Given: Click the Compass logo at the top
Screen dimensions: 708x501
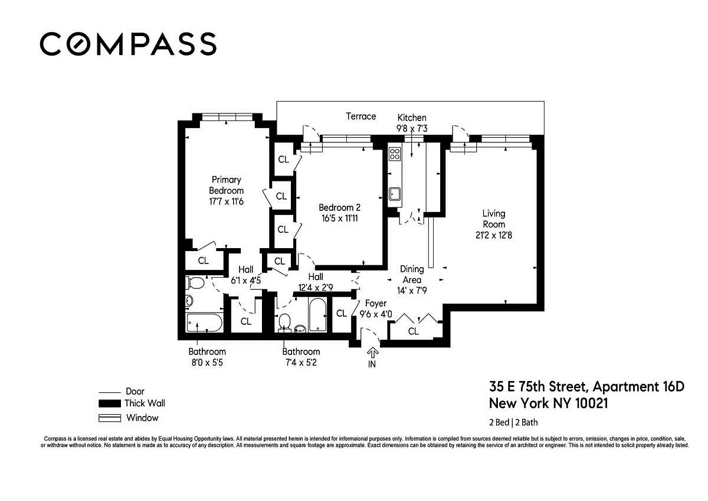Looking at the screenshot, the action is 128,44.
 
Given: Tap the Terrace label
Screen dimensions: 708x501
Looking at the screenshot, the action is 360,116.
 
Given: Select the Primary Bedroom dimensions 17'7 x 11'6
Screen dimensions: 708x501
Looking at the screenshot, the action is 227,201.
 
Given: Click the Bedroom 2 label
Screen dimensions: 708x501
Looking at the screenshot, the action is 339,207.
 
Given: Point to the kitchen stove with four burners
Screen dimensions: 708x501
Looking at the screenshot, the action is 395,154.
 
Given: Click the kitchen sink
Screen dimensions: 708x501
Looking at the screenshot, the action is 395,194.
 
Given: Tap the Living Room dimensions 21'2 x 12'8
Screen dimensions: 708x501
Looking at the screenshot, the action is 494,236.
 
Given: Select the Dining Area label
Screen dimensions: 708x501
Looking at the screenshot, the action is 412,274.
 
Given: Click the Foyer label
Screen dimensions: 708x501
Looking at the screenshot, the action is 375,304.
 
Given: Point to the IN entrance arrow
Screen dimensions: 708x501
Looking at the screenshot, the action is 372,353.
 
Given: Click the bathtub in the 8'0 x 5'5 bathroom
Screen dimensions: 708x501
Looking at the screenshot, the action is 204,323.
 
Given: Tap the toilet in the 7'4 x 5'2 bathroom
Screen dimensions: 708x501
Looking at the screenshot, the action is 284,323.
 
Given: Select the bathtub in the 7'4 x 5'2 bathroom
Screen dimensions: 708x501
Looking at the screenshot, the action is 317,314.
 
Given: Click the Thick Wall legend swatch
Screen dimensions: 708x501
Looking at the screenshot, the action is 110,404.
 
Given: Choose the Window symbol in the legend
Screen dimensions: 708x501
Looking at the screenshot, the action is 110,418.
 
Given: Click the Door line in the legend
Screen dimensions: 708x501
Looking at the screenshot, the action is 110,393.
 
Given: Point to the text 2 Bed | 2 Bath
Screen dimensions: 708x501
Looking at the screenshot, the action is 513,422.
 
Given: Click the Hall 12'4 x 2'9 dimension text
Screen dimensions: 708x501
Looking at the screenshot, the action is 316,287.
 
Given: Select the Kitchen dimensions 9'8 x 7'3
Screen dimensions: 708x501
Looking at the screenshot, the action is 412,128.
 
